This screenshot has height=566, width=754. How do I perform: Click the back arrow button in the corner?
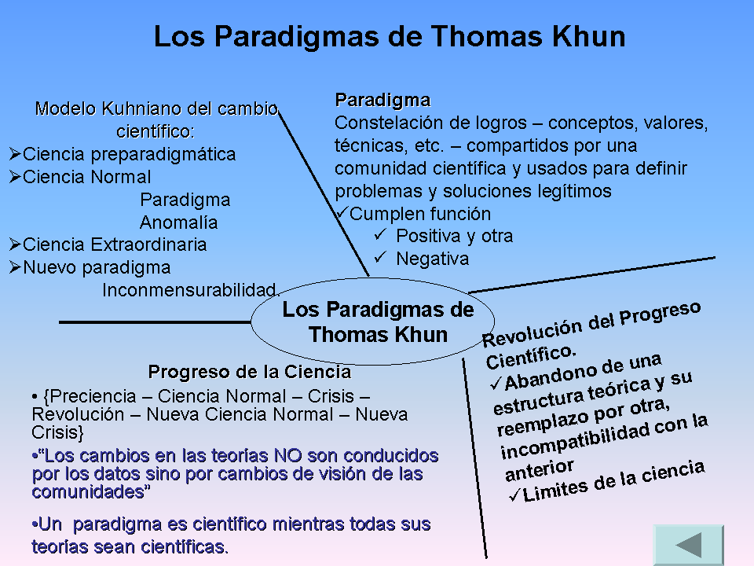point(688,545)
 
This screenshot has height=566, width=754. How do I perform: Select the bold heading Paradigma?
point(382,101)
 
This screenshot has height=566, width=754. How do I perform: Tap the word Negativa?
point(432,259)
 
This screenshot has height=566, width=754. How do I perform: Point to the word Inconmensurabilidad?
point(190,289)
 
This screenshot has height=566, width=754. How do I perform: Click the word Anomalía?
point(178,222)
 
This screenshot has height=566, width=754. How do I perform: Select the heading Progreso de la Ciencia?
point(249,372)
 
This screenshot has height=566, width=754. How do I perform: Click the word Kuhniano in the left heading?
point(130,108)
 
